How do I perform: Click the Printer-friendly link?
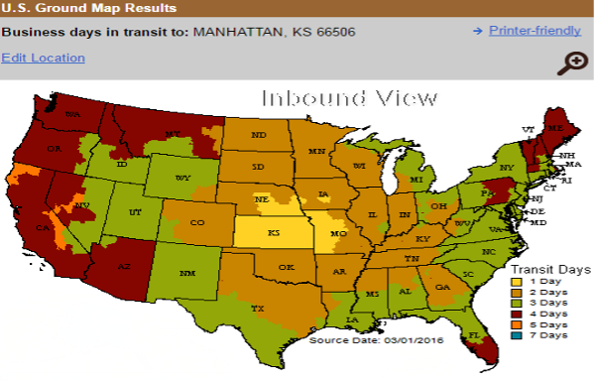[535, 31]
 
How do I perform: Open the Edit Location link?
[43, 58]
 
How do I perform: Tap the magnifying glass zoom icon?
[572, 63]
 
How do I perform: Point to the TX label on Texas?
[259, 308]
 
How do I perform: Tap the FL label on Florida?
[474, 336]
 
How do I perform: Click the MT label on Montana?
[172, 133]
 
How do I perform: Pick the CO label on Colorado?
[195, 222]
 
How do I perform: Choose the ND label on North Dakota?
[259, 135]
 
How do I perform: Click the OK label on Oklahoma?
[286, 267]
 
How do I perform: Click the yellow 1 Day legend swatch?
[516, 282]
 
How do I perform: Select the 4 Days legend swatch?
[516, 313]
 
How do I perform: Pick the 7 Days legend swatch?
[516, 334]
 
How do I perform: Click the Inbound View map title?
[348, 98]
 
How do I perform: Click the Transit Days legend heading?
[543, 268]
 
